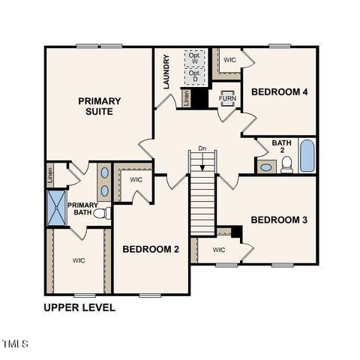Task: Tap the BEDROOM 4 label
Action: pyautogui.click(x=280, y=92)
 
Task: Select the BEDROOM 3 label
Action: pyautogui.click(x=279, y=220)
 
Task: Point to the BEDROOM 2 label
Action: pyautogui.click(x=151, y=250)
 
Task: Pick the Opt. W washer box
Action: pyautogui.click(x=195, y=58)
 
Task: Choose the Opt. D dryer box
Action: pyautogui.click(x=195, y=76)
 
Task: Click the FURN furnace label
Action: pyautogui.click(x=227, y=98)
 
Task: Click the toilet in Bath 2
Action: pyautogui.click(x=286, y=165)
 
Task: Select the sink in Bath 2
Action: pyautogui.click(x=265, y=166)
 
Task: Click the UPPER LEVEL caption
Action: pyautogui.click(x=79, y=307)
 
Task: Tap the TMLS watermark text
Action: pyautogui.click(x=15, y=344)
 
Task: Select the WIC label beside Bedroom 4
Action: pyautogui.click(x=229, y=59)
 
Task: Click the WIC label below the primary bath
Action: pyautogui.click(x=79, y=260)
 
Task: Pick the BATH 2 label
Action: pyautogui.click(x=280, y=146)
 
